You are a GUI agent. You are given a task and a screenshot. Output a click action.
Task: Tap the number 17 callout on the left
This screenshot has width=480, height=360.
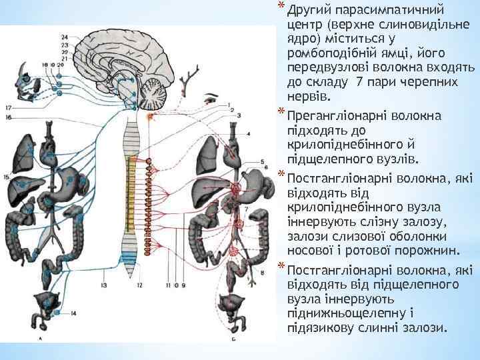9,107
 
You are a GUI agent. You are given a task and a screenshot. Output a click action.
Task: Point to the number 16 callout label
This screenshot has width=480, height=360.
9,117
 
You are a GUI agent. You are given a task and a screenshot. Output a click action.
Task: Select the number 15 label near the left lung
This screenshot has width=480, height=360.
6,177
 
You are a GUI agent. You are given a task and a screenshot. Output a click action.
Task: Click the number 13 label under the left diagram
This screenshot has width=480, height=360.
104,285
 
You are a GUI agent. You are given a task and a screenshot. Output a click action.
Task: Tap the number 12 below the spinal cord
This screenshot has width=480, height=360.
139,285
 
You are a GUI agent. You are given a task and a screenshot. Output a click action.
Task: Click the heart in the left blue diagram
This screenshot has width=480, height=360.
48,159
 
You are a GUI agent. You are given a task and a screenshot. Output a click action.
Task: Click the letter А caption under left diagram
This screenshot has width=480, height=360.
41,339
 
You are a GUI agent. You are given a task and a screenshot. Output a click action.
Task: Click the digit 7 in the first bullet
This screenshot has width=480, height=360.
360,81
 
